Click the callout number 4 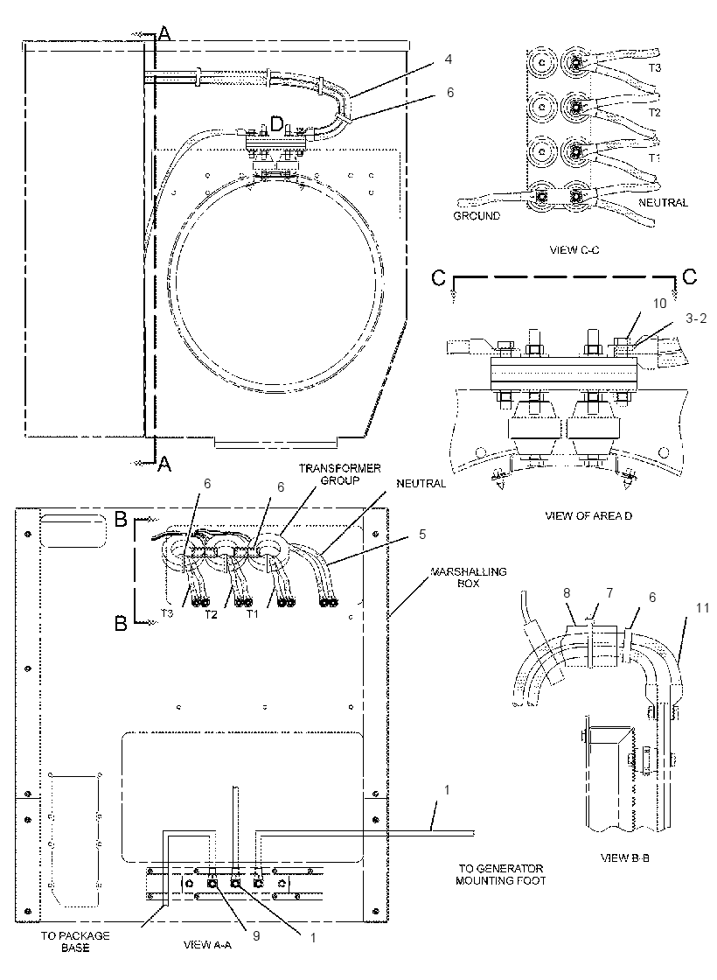449,59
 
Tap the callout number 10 660,303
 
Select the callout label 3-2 696,318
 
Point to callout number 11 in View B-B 686,607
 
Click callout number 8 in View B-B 567,592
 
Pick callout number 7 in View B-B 609,592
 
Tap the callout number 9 257,935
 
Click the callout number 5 423,535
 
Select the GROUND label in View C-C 477,216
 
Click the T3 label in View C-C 654,67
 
